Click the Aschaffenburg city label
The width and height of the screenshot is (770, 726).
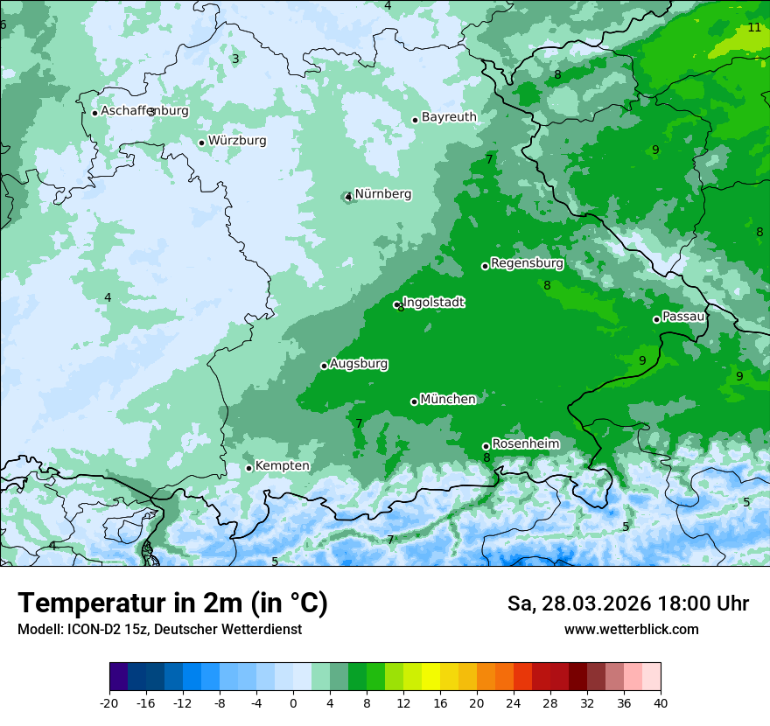click(x=144, y=111)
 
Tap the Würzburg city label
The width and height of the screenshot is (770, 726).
click(x=237, y=141)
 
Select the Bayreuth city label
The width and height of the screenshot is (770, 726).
click(x=449, y=117)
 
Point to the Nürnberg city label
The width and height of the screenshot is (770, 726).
click(x=382, y=194)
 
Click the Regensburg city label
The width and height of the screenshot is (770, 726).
click(x=527, y=263)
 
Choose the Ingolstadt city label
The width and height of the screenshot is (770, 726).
click(x=434, y=303)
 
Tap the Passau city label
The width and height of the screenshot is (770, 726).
click(x=683, y=317)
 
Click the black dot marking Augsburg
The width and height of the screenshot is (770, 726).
click(x=324, y=366)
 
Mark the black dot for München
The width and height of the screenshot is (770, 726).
click(x=414, y=401)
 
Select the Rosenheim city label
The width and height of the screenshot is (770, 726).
click(x=525, y=444)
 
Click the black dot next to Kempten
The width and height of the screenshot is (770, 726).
click(x=248, y=468)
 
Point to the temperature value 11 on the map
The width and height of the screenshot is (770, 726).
click(x=754, y=28)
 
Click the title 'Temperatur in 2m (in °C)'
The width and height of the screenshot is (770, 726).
click(x=172, y=604)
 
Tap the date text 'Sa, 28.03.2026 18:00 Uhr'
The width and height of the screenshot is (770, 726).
click(x=627, y=604)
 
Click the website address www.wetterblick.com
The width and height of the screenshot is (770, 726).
click(x=631, y=630)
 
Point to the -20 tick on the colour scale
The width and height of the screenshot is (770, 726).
click(x=109, y=703)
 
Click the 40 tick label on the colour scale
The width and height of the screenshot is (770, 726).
click(x=661, y=703)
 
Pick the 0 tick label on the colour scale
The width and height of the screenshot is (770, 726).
click(x=293, y=703)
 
